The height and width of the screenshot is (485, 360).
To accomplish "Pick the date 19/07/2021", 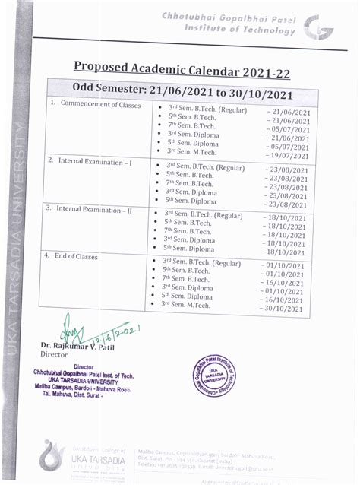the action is coord(289,152).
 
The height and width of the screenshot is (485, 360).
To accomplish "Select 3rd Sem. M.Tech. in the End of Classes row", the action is coord(187,305).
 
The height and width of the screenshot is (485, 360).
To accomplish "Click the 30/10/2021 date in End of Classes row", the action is coord(283,309).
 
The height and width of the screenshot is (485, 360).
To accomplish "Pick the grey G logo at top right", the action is coord(313,28).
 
